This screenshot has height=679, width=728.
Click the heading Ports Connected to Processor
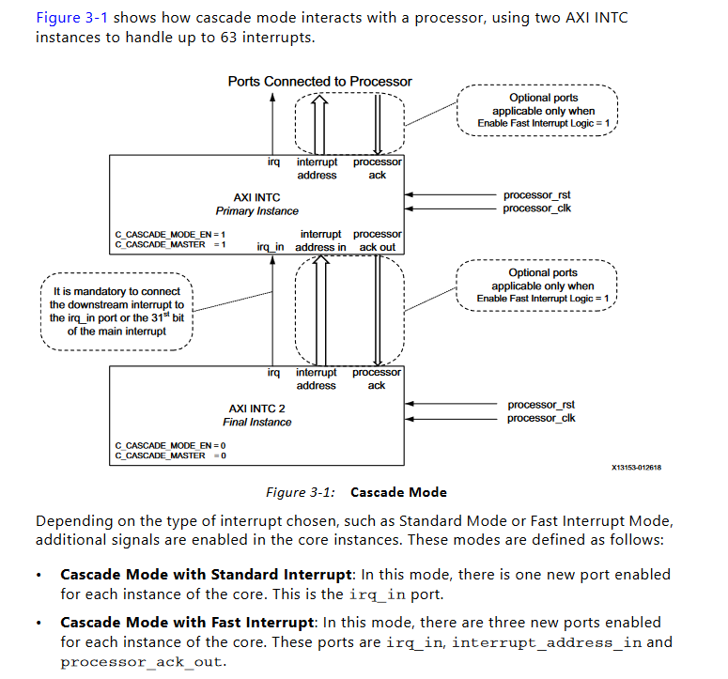click(319, 82)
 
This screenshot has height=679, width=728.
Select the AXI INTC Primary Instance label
click(256, 204)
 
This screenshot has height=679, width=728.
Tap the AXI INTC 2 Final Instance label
click(256, 415)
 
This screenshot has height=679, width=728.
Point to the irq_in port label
click(271, 247)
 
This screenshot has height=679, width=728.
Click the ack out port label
click(378, 247)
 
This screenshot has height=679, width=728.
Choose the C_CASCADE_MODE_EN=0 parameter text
click(170, 445)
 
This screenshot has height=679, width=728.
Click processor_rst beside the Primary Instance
click(536, 195)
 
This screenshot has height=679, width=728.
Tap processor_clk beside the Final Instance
click(540, 418)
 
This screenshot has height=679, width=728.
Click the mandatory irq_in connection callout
click(116, 311)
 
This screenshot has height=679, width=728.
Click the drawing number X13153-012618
click(636, 467)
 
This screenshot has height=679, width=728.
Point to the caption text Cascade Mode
click(398, 492)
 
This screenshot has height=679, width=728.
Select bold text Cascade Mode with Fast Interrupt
click(186, 622)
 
